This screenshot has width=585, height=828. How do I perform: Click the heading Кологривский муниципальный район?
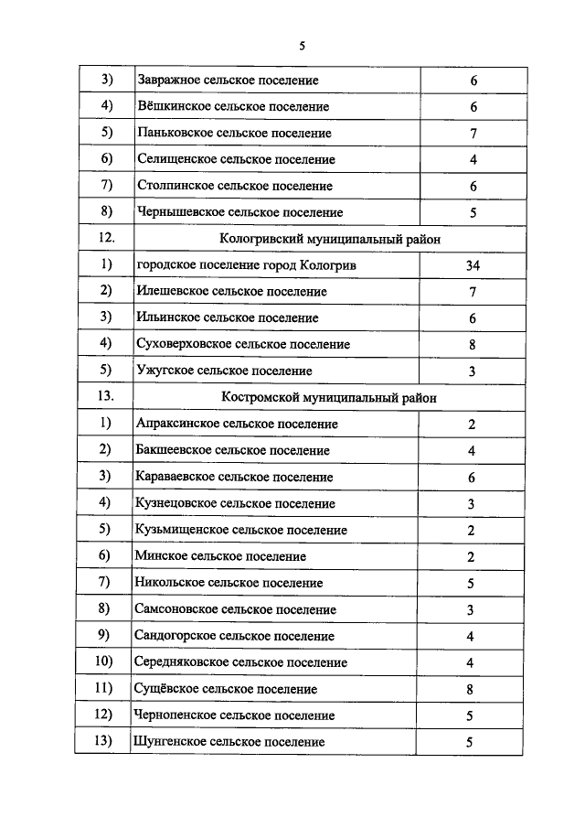(x=330, y=239)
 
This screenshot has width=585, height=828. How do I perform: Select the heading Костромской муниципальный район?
(x=329, y=398)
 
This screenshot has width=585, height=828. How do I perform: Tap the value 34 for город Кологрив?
(x=472, y=265)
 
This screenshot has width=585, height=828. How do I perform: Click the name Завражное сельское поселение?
(x=228, y=81)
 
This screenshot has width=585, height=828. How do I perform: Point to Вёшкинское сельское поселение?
(x=232, y=107)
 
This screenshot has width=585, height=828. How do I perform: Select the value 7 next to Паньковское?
(x=473, y=134)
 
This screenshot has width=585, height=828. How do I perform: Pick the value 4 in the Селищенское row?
(x=473, y=160)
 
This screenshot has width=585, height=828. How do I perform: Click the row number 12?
(x=104, y=239)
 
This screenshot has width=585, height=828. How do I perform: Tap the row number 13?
(x=104, y=398)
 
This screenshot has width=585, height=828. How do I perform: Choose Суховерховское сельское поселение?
(x=243, y=345)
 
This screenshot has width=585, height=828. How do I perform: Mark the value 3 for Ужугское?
(x=472, y=371)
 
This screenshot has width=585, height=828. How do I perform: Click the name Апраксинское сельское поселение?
(x=237, y=425)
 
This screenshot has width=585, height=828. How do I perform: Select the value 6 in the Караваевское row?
(x=472, y=478)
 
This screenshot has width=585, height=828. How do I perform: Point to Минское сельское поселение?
(x=220, y=556)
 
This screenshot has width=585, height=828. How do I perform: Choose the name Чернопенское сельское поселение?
(x=235, y=715)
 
